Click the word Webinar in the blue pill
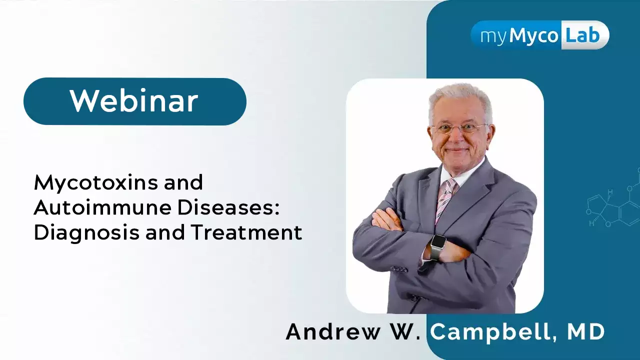point(134,101)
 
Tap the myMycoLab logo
point(539,35)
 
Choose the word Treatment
point(247,232)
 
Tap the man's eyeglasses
point(459,128)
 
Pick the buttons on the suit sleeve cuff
point(399,269)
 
